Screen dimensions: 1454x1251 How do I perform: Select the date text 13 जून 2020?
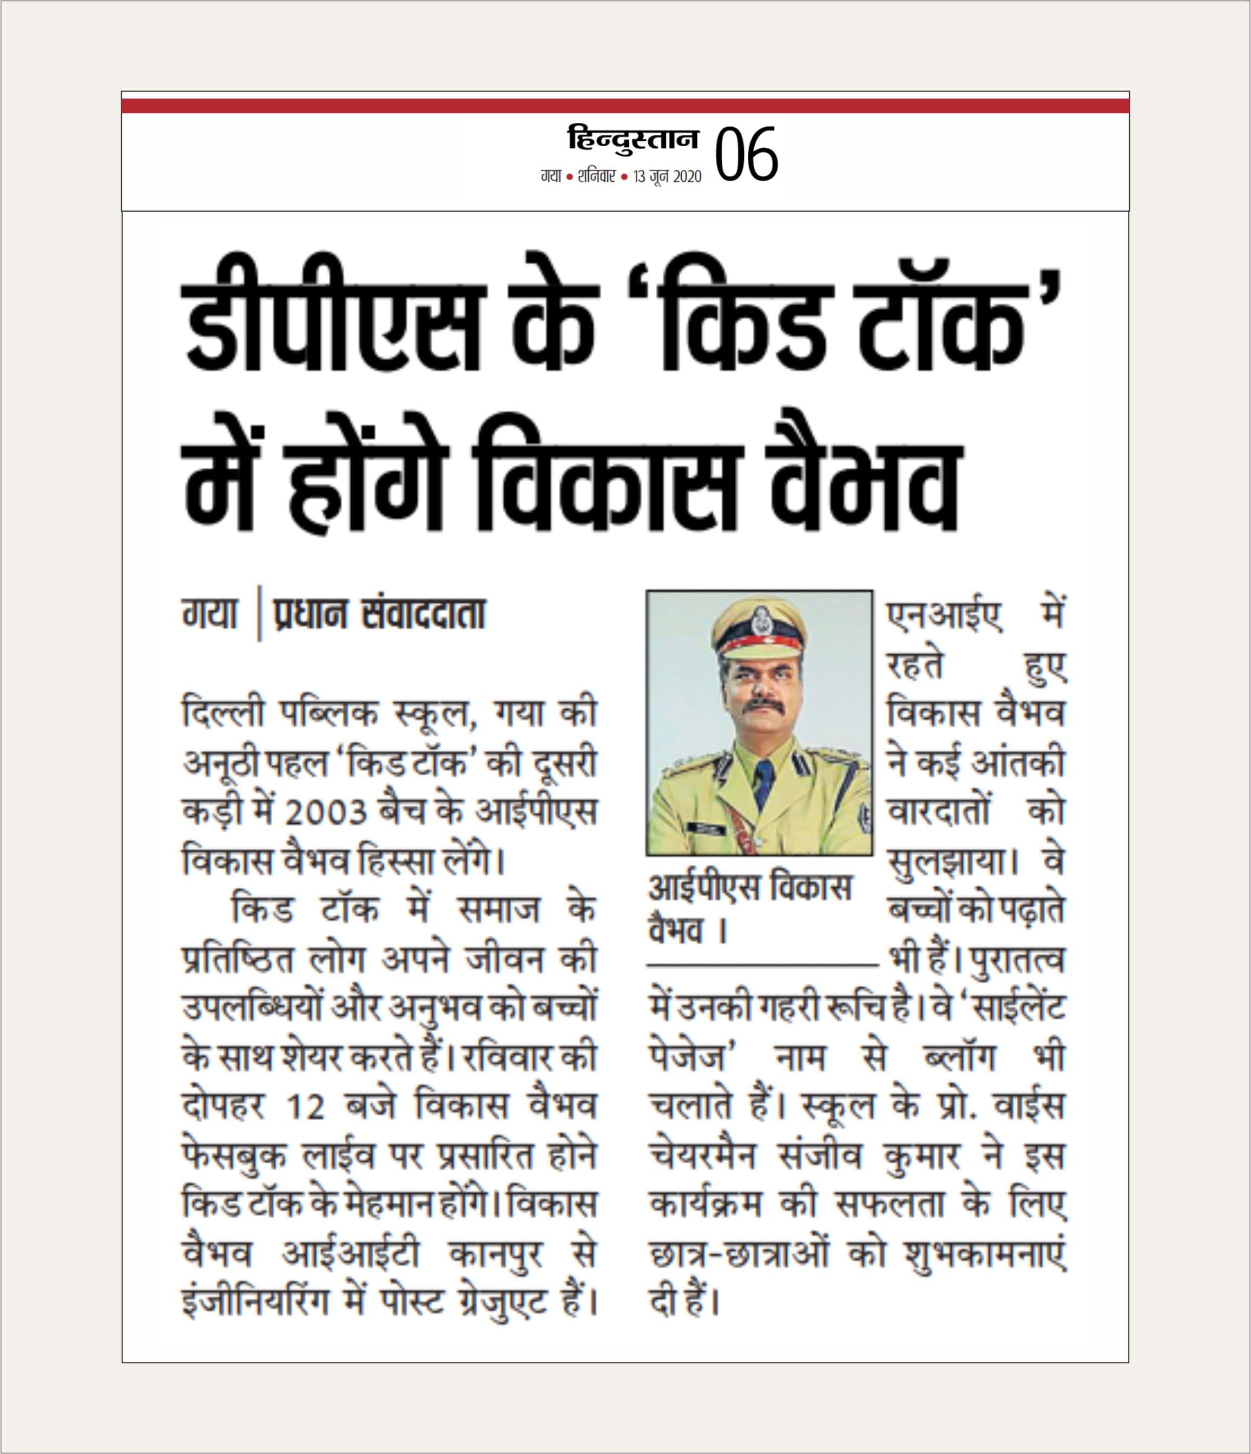667,178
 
